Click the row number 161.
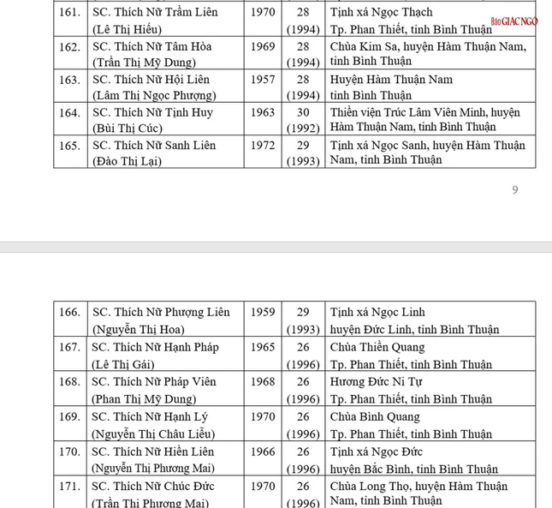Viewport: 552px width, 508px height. click(x=69, y=13)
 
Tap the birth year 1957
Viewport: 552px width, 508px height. click(x=263, y=80)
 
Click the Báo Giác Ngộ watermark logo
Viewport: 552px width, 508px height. click(x=513, y=21)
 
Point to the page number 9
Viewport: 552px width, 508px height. click(x=514, y=189)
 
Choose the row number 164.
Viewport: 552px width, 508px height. click(x=69, y=112)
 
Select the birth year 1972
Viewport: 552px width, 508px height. click(x=263, y=146)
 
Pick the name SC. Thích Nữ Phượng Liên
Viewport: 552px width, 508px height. click(x=161, y=313)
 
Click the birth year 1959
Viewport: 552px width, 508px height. click(x=263, y=313)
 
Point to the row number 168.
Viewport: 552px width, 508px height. click(x=69, y=382)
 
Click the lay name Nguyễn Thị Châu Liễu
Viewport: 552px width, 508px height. click(x=153, y=433)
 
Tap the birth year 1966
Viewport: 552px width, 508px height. click(x=263, y=451)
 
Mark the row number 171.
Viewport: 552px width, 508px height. click(x=69, y=487)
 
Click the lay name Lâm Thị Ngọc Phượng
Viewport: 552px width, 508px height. click(x=153, y=95)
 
